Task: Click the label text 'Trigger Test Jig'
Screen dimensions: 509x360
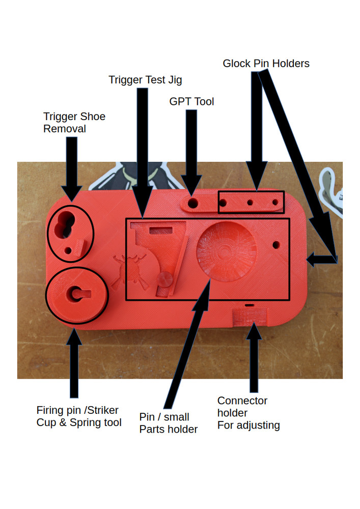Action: pos(145,80)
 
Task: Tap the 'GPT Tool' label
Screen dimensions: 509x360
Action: pos(191,102)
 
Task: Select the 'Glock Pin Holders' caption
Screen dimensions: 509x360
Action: pos(266,64)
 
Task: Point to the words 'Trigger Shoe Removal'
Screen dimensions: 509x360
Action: pos(74,123)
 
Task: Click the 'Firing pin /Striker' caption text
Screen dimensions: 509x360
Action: pos(77,410)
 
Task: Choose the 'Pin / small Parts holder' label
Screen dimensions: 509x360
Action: pos(168,423)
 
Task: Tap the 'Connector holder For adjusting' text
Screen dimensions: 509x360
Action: pos(248,413)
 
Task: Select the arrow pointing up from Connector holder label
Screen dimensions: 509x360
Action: pos(253,361)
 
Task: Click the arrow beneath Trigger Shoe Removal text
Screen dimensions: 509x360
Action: pos(72,168)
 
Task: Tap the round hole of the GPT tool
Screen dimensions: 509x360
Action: pos(193,203)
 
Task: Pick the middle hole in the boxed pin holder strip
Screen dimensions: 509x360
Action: pos(250,202)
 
